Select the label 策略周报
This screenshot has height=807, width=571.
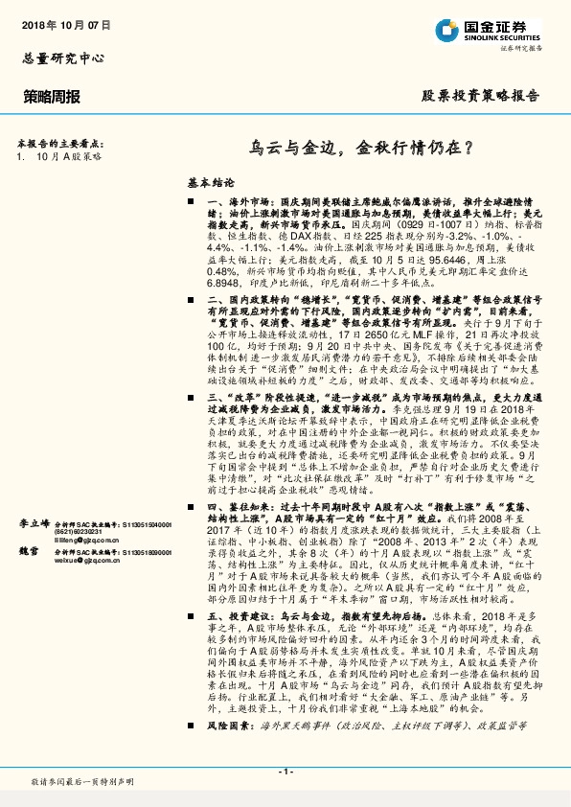(x=53, y=96)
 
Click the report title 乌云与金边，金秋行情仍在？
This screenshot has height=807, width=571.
(x=360, y=149)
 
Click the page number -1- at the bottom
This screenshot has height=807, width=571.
(x=285, y=772)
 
